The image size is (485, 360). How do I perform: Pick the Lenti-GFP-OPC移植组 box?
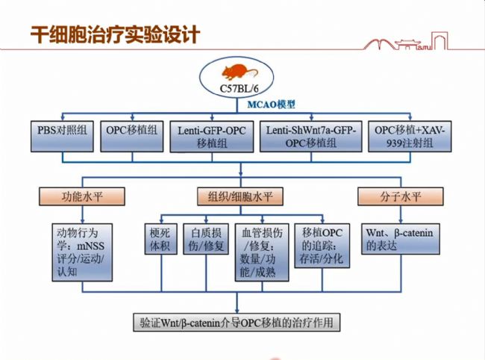[x=212, y=135]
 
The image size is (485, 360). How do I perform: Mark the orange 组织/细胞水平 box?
[x=235, y=197]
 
